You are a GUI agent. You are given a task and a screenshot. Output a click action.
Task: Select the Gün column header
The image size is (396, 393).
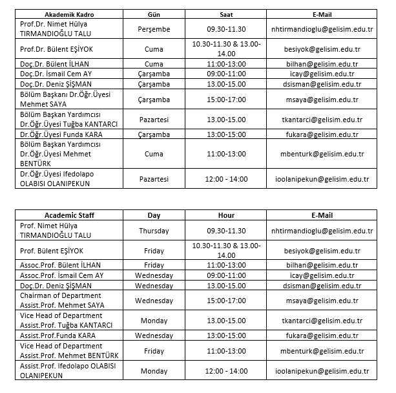click(154, 14)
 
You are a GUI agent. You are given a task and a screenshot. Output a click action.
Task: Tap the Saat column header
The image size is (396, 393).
click(226, 14)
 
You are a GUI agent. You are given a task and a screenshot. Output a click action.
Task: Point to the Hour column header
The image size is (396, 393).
click(226, 215)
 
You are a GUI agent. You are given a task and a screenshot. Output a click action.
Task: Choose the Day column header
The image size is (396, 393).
click(154, 215)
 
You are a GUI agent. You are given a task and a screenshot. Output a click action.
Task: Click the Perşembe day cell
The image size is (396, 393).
click(154, 29)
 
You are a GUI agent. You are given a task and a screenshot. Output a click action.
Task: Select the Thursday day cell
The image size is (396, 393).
click(154, 231)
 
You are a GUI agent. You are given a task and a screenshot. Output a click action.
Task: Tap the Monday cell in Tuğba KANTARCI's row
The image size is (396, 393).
click(154, 320)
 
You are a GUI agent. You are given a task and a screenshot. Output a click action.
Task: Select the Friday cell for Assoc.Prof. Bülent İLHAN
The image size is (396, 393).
click(154, 265)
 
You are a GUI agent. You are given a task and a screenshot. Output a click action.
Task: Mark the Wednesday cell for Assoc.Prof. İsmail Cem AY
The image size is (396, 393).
click(154, 275)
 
